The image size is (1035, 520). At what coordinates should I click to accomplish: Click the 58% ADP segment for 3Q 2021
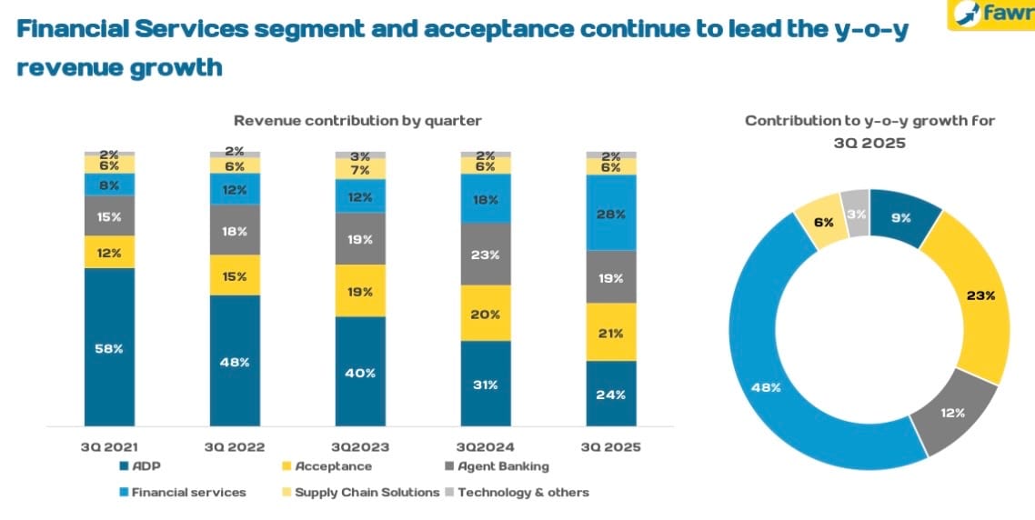[109, 347]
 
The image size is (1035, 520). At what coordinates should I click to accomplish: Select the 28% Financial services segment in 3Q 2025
[611, 213]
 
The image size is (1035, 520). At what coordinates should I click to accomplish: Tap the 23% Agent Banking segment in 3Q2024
[486, 255]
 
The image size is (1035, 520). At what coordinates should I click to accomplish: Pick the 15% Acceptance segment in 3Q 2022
[235, 275]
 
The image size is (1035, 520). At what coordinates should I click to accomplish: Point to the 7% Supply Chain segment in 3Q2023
[360, 170]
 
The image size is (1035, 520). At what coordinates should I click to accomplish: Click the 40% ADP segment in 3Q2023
[360, 372]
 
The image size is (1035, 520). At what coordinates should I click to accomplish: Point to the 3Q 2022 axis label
[234, 447]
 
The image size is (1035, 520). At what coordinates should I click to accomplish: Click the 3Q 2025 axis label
[610, 447]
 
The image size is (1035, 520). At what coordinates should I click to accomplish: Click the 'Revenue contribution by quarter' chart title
[357, 120]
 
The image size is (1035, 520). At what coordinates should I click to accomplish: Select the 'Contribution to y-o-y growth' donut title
[869, 131]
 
